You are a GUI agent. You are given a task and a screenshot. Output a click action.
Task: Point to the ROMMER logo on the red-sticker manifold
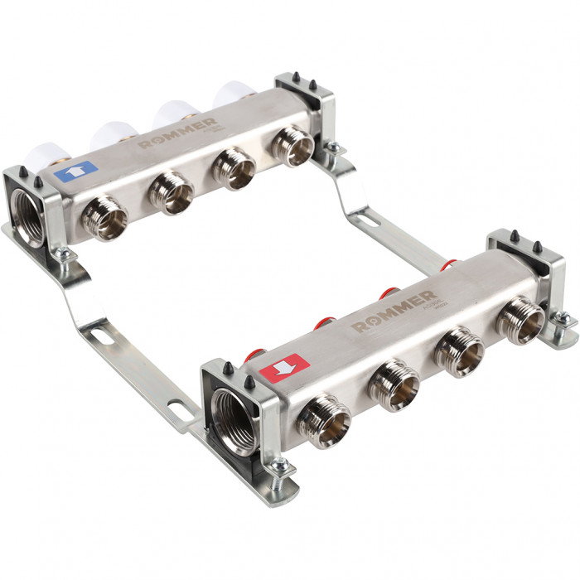(x=394, y=309)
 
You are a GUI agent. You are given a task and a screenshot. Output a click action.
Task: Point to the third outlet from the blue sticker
(x=233, y=168)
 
